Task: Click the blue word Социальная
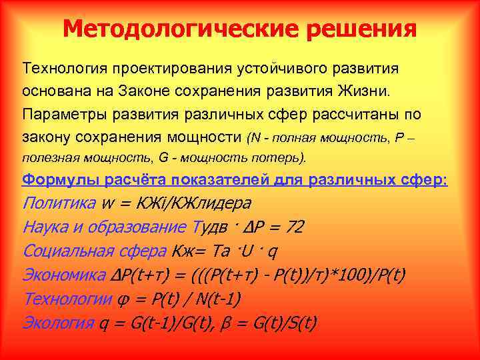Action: pyautogui.click(x=64, y=251)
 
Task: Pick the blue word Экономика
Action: pyautogui.click(x=63, y=275)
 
